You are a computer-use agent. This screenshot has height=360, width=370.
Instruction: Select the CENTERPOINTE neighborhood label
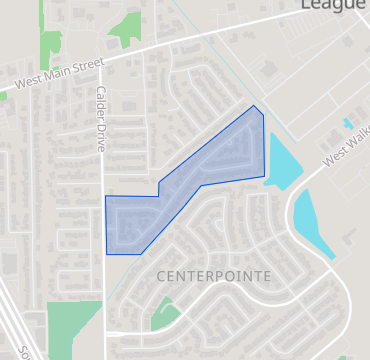pos(214,274)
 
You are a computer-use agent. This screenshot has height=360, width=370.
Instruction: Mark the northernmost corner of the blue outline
pos(254,105)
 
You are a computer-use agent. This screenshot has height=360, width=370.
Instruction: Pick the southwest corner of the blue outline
pos(107,254)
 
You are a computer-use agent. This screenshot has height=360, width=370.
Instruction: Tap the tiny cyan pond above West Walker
pos(348,124)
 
